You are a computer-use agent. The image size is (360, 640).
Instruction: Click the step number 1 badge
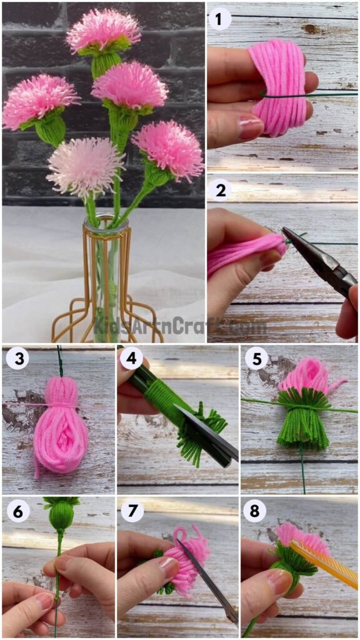point(219,19)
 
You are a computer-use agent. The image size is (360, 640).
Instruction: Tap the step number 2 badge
point(219,191)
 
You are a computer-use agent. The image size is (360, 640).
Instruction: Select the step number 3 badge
point(17,359)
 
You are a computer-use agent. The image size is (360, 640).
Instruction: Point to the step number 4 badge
point(132,359)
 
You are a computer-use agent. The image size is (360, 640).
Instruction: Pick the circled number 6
point(17,511)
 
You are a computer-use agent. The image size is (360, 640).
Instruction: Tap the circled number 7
point(132,511)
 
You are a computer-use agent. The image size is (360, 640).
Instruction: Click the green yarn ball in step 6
point(61,516)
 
